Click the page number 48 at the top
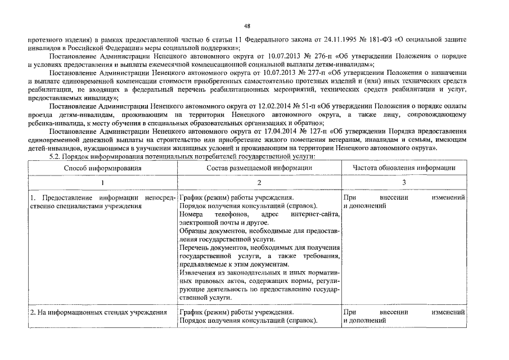[247, 26]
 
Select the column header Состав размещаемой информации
[259, 168]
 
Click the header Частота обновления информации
[404, 168]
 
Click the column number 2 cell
[259, 183]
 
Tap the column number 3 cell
[404, 183]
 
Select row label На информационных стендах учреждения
[99, 312]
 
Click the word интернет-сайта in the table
[317, 215]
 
